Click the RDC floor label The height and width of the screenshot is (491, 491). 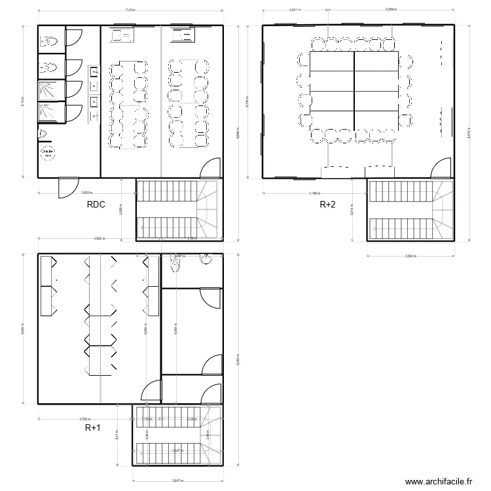tap(96, 205)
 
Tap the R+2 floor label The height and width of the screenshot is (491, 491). tap(327, 205)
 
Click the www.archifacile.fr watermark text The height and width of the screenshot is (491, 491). tap(439, 481)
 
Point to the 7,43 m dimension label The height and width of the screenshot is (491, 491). tap(130, 10)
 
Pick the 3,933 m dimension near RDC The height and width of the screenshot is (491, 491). tap(86, 193)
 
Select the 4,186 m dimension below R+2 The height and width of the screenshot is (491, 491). tap(314, 193)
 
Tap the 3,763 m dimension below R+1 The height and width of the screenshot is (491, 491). tap(85, 419)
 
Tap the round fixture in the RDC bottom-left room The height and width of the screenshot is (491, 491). tap(47, 153)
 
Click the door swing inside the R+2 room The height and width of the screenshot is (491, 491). tap(441, 168)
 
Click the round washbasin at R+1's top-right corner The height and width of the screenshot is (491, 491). tap(208, 261)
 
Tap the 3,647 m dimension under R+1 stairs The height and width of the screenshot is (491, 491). tap(178, 481)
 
